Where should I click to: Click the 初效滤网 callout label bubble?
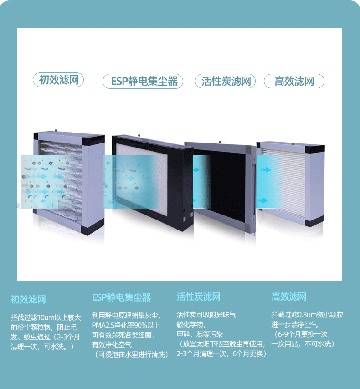[58, 80]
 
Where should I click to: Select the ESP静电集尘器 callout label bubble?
[143, 81]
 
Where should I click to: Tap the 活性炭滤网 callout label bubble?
[225, 81]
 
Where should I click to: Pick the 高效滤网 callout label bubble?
[294, 81]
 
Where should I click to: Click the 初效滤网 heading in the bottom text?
[28, 299]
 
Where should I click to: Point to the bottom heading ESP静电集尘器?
[121, 297]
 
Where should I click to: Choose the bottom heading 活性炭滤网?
[199, 297]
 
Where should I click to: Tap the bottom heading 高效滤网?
[289, 297]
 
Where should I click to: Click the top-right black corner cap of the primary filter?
[93, 140]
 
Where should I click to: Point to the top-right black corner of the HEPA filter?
[315, 149]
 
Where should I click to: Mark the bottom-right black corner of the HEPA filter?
[314, 221]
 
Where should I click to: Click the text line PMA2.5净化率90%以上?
[126, 325]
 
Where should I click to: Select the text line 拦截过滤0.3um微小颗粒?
[307, 315]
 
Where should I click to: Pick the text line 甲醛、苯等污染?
[200, 334]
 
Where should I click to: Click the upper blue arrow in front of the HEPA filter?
[266, 169]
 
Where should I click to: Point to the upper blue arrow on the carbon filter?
[196, 170]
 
